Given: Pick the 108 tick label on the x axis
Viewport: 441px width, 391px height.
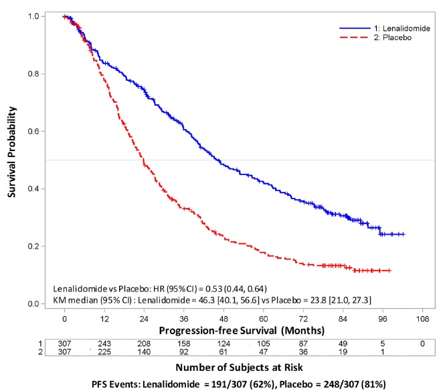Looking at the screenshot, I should click(x=421, y=319).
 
